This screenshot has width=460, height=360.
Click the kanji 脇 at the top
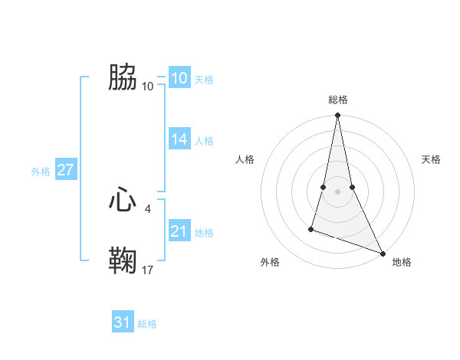click(x=123, y=77)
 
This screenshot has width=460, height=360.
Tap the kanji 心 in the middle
click(x=123, y=200)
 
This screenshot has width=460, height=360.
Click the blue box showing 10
click(x=179, y=78)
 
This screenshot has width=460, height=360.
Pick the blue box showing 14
click(x=179, y=139)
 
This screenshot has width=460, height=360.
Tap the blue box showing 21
click(x=179, y=231)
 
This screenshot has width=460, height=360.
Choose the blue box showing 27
click(x=65, y=170)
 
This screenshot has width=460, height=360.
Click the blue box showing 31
click(x=122, y=322)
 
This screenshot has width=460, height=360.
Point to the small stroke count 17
click(x=148, y=270)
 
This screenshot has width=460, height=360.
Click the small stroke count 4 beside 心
click(x=148, y=208)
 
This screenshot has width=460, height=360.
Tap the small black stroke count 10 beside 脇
click(x=148, y=85)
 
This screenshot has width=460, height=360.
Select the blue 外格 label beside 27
click(x=41, y=172)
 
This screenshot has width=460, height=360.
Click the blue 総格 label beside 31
click(x=147, y=324)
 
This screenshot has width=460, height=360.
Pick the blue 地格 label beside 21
click(x=204, y=233)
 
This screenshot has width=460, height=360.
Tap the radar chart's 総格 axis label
click(x=338, y=100)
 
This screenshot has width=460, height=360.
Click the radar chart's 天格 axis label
click(x=431, y=159)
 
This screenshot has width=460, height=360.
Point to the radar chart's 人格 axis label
click(x=245, y=159)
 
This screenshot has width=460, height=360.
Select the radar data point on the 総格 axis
click(x=338, y=116)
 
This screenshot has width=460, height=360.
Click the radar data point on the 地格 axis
click(x=383, y=253)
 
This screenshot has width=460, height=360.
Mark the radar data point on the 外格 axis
click(x=311, y=228)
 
